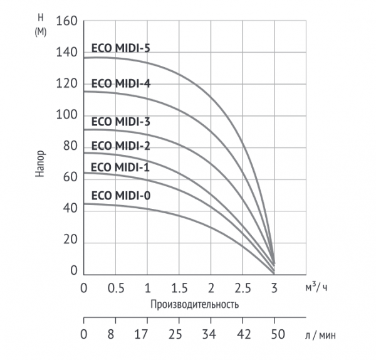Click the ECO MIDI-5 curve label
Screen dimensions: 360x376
(121, 47)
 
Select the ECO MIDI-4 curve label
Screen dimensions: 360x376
(121, 83)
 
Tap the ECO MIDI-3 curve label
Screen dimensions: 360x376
(121, 122)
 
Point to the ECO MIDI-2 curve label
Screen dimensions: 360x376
(121, 146)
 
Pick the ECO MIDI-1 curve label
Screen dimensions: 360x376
(121, 167)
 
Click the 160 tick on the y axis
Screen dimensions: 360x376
(66, 21)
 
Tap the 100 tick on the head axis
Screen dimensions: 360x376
(66, 115)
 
